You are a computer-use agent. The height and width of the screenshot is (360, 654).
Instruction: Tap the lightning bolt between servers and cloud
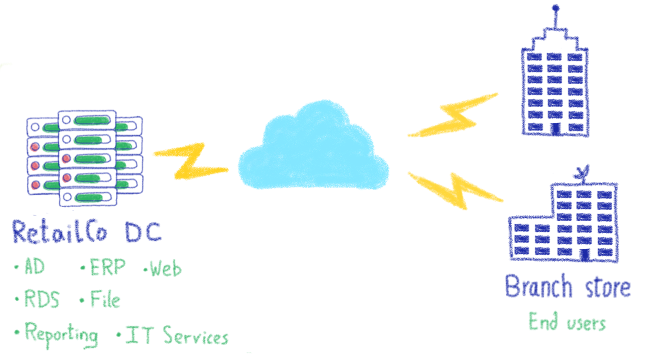tap(189, 162)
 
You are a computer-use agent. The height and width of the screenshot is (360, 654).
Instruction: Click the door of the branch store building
tap(583, 255)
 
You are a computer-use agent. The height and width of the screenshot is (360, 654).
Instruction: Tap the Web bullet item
tap(165, 269)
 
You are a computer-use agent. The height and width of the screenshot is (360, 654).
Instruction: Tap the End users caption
tap(566, 322)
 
